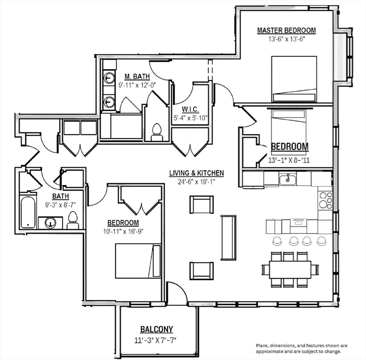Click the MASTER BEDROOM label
286,30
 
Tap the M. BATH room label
137,76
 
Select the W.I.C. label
190,109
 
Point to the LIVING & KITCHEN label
197,173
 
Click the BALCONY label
157,329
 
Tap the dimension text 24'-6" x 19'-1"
197,181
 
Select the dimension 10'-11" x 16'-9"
123,232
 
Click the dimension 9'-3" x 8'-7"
61,205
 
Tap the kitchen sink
288,179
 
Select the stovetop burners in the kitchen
325,200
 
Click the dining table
290,270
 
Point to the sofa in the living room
229,238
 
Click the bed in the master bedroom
294,79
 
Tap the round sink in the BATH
50,223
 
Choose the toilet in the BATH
73,220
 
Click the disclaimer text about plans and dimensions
301,348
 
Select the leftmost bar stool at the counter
277,241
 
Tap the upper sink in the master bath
109,78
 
